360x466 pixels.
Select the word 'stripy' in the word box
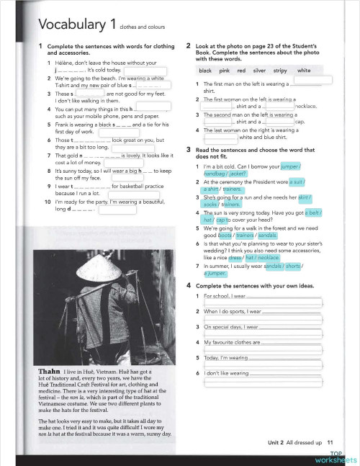click(x=279, y=71)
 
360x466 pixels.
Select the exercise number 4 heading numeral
click(x=189, y=287)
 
